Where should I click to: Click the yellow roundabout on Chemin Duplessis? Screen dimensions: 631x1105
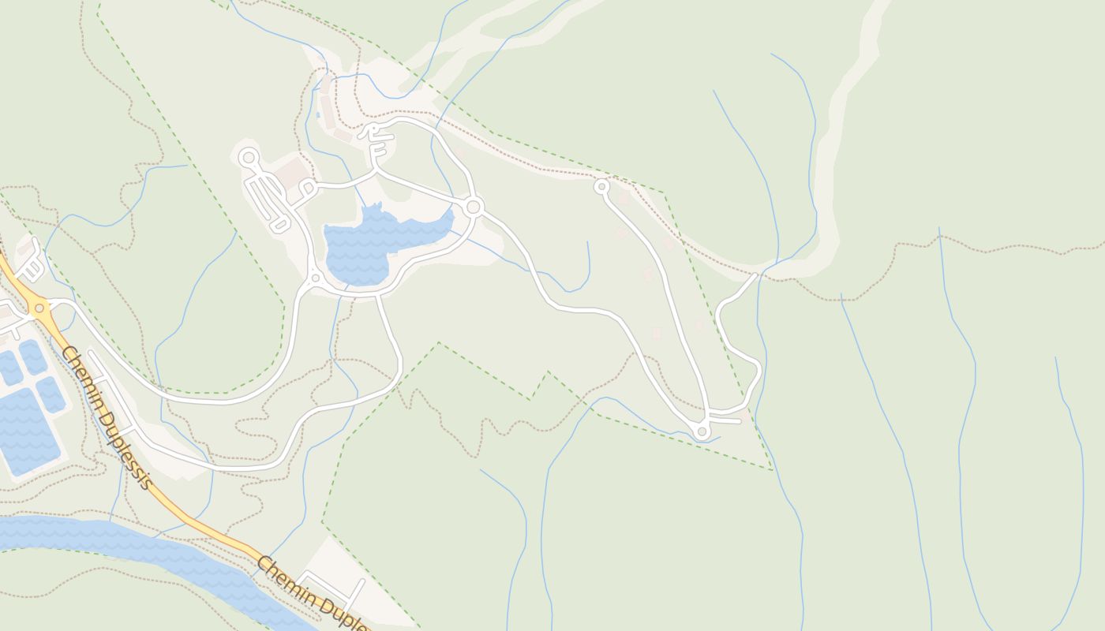click(39, 308)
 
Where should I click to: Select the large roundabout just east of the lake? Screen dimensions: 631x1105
click(474, 207)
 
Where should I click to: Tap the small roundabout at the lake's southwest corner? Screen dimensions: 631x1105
click(316, 278)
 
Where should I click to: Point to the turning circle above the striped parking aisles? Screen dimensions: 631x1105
click(249, 158)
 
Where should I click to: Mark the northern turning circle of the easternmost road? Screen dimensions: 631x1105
click(601, 187)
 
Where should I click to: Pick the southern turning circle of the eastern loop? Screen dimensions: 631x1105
click(702, 431)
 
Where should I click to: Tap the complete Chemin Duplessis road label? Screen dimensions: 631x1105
click(105, 416)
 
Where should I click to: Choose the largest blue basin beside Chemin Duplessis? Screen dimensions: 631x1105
click(28, 430)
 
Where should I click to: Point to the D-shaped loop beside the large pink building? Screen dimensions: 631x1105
click(306, 188)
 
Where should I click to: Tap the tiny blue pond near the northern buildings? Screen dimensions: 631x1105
click(318, 115)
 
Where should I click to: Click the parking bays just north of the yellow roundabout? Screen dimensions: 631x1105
click(30, 268)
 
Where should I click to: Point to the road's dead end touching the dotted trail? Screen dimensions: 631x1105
click(755, 275)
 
